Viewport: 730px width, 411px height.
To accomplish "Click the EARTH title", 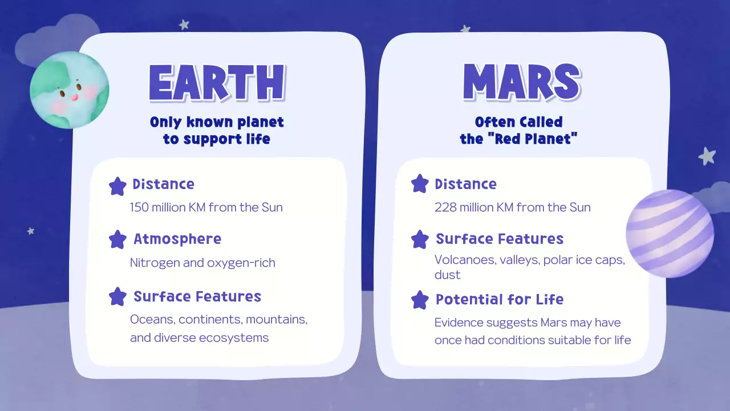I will (x=217, y=84).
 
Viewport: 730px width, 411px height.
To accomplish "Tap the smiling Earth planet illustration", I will (x=69, y=90).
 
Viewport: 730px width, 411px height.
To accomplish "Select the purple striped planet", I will (x=670, y=233).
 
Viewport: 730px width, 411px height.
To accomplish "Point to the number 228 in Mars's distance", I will (x=445, y=207).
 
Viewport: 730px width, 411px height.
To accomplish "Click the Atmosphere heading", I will (x=177, y=239).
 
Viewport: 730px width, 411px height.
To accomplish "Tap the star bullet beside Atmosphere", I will (x=117, y=239).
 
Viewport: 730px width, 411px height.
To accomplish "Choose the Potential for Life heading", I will (x=500, y=300).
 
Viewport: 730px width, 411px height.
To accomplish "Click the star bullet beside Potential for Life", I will (x=420, y=300).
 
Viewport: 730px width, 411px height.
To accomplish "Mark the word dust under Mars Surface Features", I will (x=447, y=275).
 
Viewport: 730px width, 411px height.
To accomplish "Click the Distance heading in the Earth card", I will (x=163, y=184).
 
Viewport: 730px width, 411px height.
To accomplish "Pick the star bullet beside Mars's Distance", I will (x=420, y=184).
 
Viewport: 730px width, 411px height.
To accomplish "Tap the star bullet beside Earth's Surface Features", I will (x=117, y=297).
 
